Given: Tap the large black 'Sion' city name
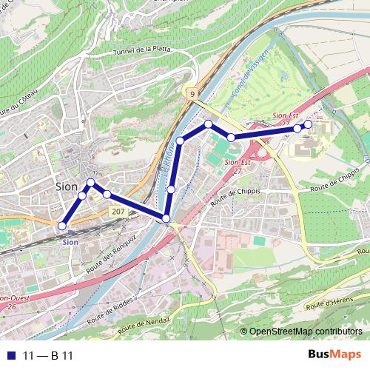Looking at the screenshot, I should point(67,186).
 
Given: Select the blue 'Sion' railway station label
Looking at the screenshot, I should point(70,242).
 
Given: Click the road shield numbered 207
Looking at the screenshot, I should point(118,212).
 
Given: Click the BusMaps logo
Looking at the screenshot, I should point(335,355).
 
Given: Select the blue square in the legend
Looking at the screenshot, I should point(10,356).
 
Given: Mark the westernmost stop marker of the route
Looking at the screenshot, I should point(62,226).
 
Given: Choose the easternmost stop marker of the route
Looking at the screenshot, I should point(309,124).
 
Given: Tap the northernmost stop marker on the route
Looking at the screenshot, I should point(209,124).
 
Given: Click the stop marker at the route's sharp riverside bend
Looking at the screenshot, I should point(166,218).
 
